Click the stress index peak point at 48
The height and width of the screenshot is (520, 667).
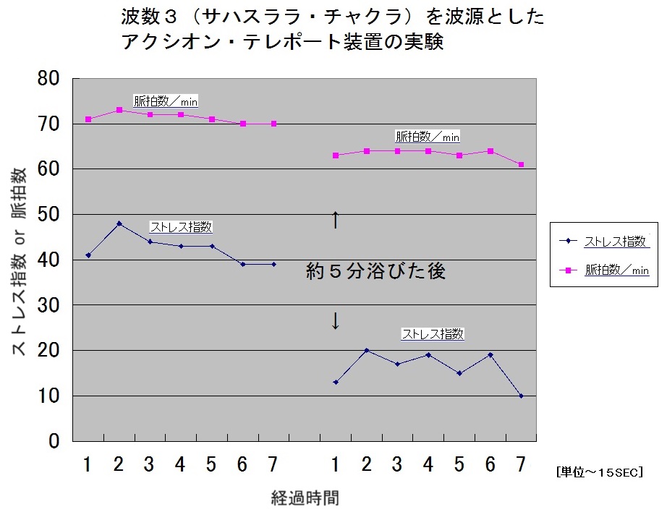[x=119, y=223]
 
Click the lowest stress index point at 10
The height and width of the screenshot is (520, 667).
[x=521, y=396]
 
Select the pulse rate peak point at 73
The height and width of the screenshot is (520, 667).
[x=119, y=110]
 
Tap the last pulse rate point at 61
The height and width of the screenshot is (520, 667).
[x=521, y=164]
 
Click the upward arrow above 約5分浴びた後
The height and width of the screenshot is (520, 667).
[x=335, y=219]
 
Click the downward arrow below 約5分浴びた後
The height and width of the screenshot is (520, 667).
[x=335, y=321]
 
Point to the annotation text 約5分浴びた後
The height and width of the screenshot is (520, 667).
[x=375, y=271]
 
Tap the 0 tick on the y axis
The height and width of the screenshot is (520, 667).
[x=56, y=441]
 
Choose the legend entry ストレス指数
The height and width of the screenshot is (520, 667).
[x=616, y=242]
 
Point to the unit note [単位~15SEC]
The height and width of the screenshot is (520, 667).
[x=600, y=472]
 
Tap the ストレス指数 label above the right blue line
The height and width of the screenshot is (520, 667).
[x=433, y=334]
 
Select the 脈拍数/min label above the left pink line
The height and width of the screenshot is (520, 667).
[x=166, y=101]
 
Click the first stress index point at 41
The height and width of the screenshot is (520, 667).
[x=88, y=255]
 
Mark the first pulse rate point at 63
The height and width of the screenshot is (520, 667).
[x=336, y=155]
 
